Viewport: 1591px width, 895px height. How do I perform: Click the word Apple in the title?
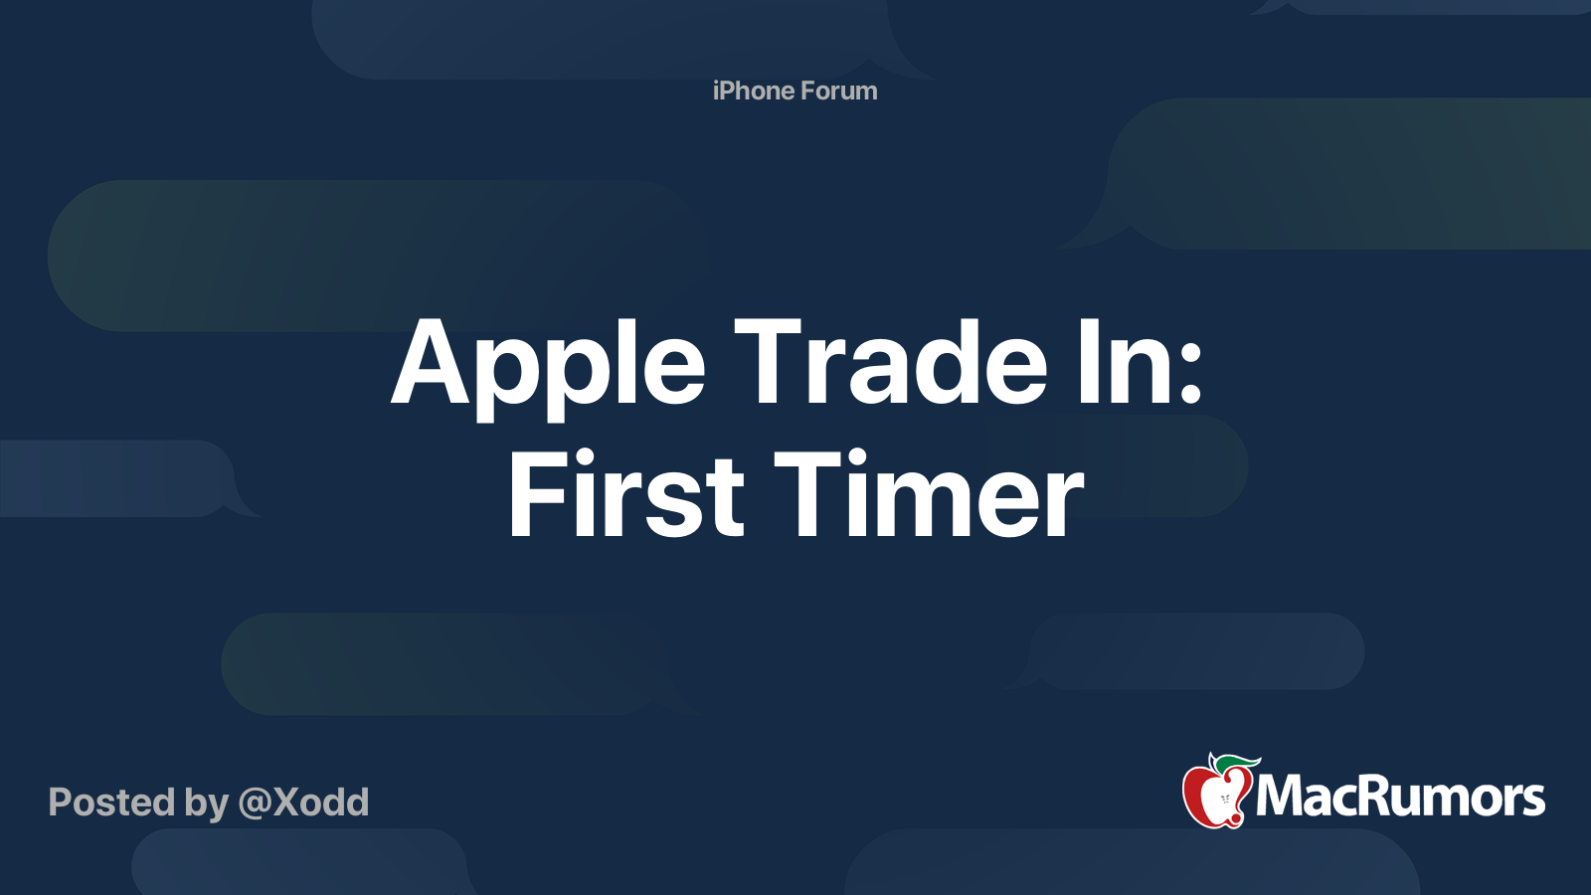[x=548, y=365]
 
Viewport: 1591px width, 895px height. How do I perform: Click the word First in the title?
[x=626, y=495]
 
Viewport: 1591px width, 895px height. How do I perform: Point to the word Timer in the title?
[x=929, y=495]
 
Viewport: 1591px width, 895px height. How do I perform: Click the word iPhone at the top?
[x=753, y=90]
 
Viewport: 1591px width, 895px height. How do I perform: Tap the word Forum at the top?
[x=839, y=90]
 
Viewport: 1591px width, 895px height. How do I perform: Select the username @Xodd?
[x=303, y=803]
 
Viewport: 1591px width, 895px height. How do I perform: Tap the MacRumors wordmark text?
[x=1400, y=798]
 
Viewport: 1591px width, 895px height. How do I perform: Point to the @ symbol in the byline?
[x=255, y=804]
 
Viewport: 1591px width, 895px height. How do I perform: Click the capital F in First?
[x=535, y=494]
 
